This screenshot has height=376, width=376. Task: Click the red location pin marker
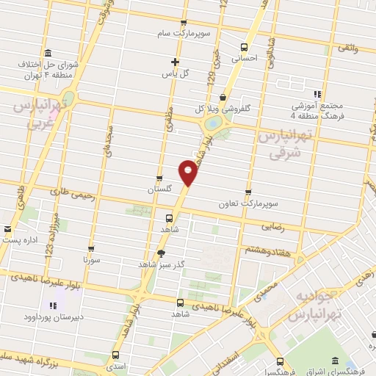pyautogui.click(x=189, y=172)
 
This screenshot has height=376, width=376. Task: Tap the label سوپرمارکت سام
pyautogui.click(x=183, y=34)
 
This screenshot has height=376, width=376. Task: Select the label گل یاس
pyautogui.click(x=175, y=73)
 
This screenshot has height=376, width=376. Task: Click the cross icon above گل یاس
pyautogui.click(x=175, y=62)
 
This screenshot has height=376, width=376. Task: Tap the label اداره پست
pyautogui.click(x=18, y=239)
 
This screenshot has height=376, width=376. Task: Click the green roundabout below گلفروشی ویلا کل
pyautogui.click(x=214, y=125)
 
